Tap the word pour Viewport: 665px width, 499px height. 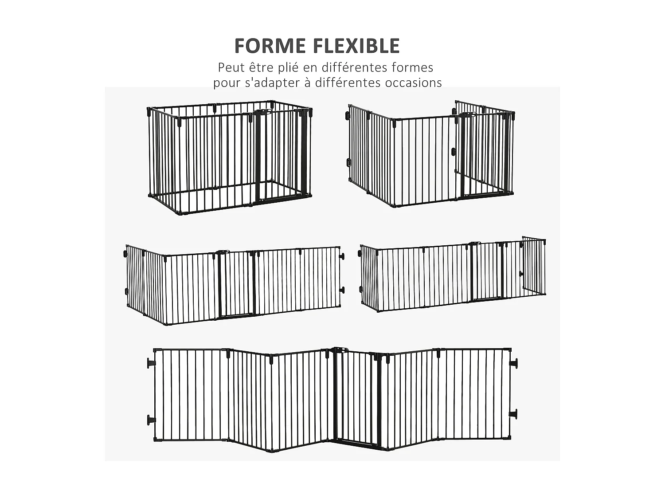226,83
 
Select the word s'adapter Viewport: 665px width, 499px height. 270,83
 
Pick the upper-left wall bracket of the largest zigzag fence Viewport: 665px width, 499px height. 151,363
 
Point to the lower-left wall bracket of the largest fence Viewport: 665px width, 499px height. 151,419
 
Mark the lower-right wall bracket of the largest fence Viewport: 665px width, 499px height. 513,414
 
